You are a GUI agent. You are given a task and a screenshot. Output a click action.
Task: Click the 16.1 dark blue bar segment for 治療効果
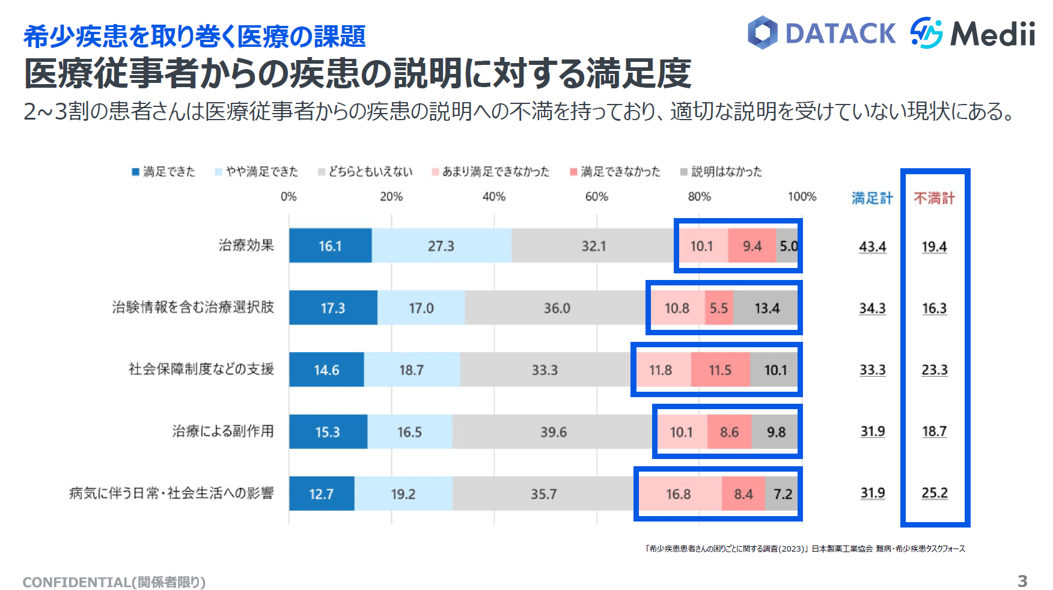click(330, 246)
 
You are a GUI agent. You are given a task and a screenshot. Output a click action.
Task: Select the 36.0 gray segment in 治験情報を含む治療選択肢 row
click(557, 308)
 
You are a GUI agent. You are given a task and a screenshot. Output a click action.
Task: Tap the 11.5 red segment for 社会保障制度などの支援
click(719, 370)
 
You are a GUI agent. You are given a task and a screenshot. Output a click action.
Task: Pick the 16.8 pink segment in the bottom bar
click(679, 494)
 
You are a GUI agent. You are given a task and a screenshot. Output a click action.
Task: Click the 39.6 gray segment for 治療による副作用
click(553, 432)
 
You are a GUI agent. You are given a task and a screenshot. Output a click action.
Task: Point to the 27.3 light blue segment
click(441, 246)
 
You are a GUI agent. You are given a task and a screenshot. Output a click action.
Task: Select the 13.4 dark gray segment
click(767, 308)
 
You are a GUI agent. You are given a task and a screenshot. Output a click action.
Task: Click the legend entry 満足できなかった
click(620, 172)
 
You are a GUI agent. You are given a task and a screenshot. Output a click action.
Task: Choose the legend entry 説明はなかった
click(725, 172)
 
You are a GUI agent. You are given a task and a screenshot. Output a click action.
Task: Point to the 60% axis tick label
click(597, 197)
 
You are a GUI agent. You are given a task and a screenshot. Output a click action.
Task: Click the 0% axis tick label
click(288, 197)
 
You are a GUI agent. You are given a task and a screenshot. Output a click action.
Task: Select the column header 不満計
click(934, 198)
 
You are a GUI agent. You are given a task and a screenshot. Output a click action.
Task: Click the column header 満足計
click(872, 198)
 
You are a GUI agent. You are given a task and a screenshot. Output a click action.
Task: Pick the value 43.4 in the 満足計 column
click(873, 246)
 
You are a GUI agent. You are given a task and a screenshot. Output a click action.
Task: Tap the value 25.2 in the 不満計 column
click(935, 493)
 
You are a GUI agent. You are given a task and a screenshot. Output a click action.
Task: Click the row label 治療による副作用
click(223, 431)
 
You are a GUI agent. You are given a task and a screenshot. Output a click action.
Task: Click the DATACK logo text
click(840, 34)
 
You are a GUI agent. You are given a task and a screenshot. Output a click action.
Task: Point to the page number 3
click(1022, 581)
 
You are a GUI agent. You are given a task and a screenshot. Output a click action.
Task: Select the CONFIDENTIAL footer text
click(114, 582)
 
